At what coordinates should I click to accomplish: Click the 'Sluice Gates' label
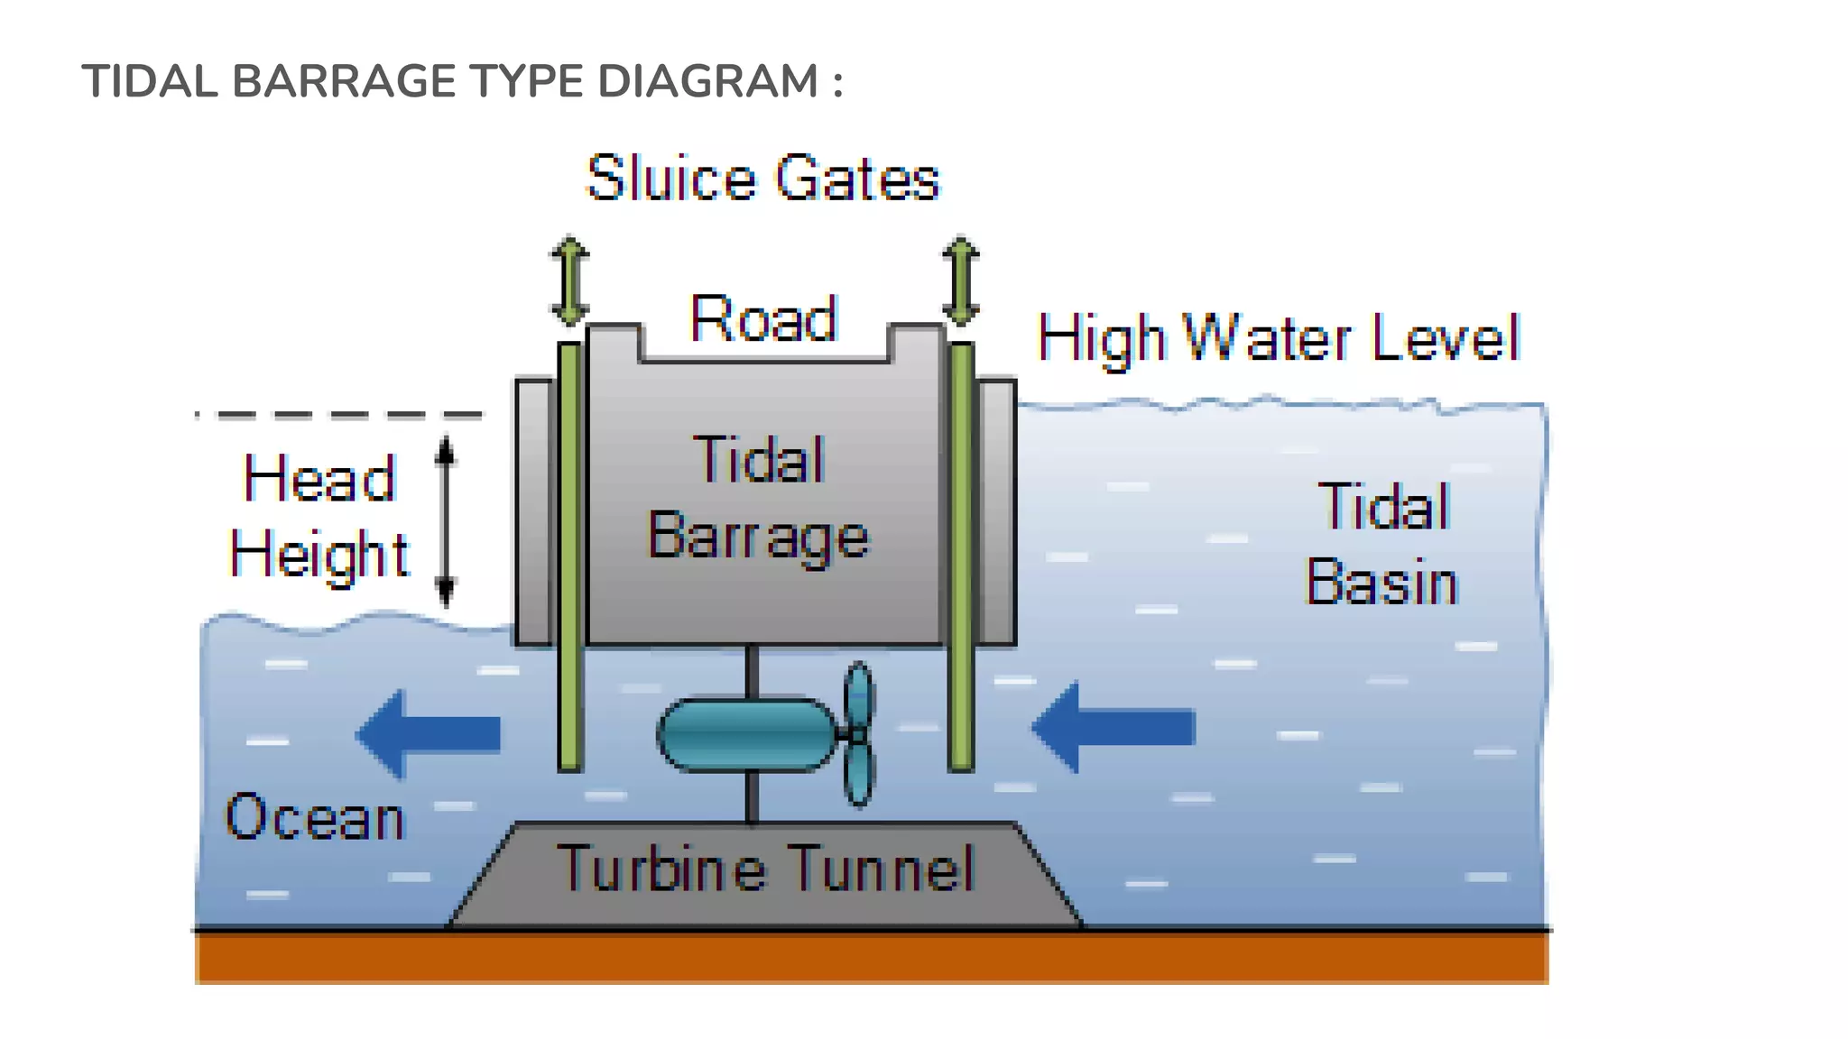[762, 178]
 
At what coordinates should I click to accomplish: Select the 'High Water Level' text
[1279, 339]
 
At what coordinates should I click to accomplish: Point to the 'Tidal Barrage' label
[759, 498]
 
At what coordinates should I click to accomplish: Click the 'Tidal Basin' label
[1382, 544]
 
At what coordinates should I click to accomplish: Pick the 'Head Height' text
[319, 516]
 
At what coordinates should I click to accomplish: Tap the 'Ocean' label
[315, 817]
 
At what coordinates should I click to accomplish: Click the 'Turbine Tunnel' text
[766, 869]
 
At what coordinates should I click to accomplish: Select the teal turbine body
[747, 735]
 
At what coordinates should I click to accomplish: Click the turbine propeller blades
[859, 734]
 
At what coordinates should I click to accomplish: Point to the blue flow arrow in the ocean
[429, 733]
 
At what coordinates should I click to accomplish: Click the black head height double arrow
[445, 520]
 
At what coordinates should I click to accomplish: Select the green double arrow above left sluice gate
[569, 280]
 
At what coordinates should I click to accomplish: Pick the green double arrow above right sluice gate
[961, 280]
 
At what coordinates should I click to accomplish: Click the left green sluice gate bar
[569, 555]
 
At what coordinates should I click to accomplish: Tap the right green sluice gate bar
[962, 555]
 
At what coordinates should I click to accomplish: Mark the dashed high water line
[339, 415]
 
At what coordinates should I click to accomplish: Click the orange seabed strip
[871, 958]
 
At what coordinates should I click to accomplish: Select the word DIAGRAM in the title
[707, 81]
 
